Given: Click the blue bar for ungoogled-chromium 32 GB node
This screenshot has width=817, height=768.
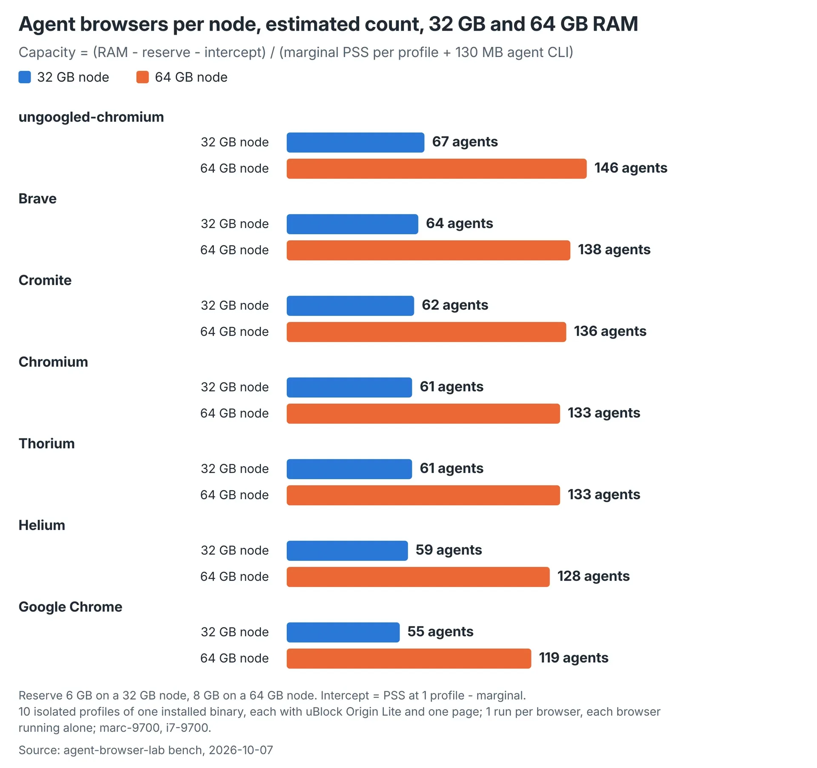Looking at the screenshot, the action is click(x=355, y=142).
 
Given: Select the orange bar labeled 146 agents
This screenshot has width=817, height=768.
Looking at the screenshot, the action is click(x=437, y=169).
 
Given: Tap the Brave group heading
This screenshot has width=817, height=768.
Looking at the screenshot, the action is click(x=37, y=199).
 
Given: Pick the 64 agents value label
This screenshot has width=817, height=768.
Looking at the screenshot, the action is click(x=460, y=223).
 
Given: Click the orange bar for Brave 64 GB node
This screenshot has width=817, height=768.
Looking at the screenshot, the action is click(x=428, y=250).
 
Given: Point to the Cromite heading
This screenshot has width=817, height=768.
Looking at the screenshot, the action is click(x=45, y=280).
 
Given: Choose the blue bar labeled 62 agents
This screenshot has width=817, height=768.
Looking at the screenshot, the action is click(x=350, y=306).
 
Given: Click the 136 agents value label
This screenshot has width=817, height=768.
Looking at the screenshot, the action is click(x=610, y=331).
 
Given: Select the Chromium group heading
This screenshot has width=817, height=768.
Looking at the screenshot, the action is click(x=53, y=362).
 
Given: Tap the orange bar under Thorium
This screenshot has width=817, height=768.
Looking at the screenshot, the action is click(x=423, y=495).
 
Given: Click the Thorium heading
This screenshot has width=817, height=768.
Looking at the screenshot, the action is click(x=47, y=444).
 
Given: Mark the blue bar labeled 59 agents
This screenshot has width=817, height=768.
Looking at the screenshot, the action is click(x=347, y=551).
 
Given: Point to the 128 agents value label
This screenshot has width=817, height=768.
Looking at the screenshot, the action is click(x=594, y=576).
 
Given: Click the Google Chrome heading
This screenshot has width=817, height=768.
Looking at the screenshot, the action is click(x=71, y=607).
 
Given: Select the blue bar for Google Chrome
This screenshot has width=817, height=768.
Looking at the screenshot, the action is click(x=343, y=632).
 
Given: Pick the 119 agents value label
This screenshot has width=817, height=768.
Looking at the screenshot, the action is click(x=574, y=658).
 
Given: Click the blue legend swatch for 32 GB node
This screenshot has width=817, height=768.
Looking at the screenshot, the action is click(x=25, y=77).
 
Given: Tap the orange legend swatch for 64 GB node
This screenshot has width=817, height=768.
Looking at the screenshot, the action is click(x=143, y=77).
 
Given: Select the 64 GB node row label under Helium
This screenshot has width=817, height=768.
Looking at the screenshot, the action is click(x=234, y=577).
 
